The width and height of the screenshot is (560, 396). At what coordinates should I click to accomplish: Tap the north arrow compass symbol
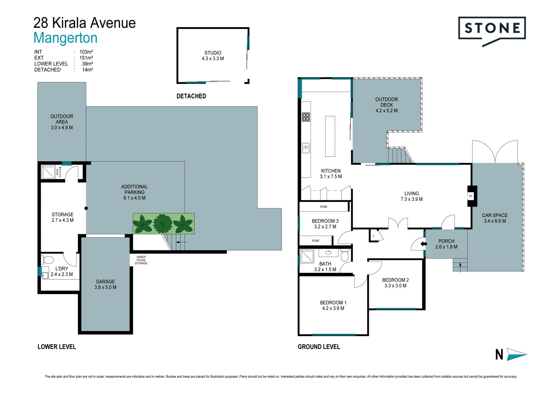(x=511, y=354)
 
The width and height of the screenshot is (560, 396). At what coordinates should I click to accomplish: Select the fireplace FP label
(x=470, y=196)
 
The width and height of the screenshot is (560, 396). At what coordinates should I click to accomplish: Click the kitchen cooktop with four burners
(x=306, y=117)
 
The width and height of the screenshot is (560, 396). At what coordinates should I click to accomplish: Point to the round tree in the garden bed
(x=163, y=224)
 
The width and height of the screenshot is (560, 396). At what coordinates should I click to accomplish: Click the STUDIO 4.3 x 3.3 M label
(x=213, y=55)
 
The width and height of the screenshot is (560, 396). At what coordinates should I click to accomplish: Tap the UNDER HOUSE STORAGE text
(x=141, y=260)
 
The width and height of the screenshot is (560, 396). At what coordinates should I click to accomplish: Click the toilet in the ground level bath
(x=344, y=255)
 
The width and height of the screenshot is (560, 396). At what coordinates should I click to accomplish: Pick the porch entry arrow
(x=423, y=244)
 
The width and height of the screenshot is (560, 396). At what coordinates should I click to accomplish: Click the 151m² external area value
(x=86, y=58)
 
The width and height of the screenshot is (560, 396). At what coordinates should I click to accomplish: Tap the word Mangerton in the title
(x=65, y=38)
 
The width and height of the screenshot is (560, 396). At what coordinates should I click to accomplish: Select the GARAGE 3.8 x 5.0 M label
(x=105, y=284)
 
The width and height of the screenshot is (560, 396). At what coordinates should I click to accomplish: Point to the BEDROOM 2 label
(x=395, y=280)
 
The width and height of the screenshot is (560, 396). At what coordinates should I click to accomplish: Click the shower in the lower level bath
(x=48, y=172)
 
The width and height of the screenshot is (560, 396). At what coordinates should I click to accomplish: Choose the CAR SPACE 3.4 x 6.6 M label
(x=495, y=218)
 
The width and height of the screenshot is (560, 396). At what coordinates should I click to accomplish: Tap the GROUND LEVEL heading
(x=319, y=347)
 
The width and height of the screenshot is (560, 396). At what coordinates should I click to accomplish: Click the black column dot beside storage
(x=86, y=208)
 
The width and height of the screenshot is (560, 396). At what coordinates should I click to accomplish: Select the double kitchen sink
(x=306, y=148)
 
